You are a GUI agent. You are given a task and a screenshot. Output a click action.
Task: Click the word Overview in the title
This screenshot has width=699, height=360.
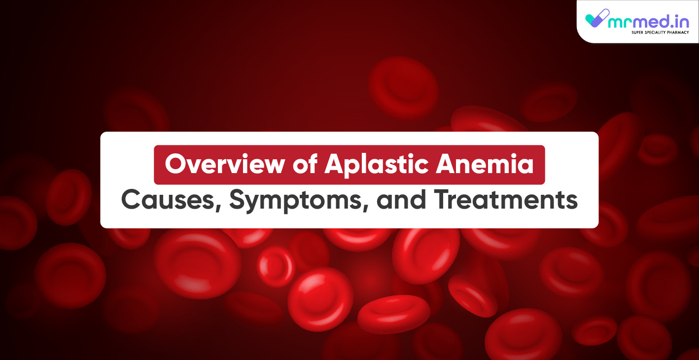225,164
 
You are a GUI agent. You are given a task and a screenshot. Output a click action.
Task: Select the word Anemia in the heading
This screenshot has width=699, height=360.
485,164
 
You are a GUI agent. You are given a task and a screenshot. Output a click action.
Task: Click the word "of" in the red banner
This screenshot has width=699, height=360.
305,164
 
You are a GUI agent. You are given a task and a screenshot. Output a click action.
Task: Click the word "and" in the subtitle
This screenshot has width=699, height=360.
401,200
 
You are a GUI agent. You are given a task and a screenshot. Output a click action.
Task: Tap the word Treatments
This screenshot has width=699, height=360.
506,200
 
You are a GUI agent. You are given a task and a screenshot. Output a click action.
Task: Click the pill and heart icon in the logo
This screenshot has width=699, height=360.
597,18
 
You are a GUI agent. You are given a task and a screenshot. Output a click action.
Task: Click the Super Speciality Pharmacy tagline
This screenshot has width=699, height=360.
660,33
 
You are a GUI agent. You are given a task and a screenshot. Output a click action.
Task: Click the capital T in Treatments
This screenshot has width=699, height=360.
443,200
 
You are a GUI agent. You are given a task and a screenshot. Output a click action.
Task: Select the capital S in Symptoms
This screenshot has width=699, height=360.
238,200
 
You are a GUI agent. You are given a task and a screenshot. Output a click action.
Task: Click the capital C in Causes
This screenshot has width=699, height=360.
132,200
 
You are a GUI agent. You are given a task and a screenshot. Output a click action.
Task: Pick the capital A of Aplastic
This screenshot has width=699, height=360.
336,164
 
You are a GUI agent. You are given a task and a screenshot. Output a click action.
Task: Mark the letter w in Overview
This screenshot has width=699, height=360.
271,167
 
